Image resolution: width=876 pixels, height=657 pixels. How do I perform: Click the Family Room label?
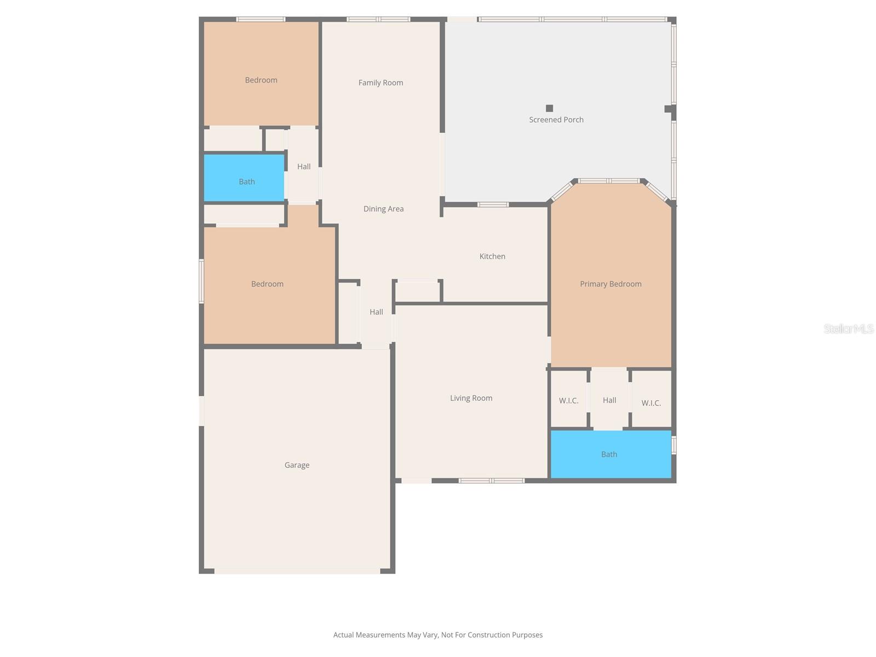(381, 83)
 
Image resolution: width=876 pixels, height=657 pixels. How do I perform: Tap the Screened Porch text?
(556, 119)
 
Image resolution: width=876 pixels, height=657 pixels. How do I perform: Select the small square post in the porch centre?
(549, 108)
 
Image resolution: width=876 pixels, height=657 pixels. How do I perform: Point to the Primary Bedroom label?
(610, 284)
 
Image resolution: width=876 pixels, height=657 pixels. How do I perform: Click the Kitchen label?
(492, 256)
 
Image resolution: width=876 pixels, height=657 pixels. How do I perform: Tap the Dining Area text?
(383, 209)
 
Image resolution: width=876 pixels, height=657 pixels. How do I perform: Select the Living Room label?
(471, 398)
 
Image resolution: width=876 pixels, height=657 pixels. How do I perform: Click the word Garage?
(297, 465)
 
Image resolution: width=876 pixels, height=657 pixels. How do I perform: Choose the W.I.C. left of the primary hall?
(568, 401)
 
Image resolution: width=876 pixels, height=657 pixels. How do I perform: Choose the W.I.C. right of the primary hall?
(651, 403)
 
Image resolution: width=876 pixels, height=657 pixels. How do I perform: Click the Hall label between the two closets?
(609, 400)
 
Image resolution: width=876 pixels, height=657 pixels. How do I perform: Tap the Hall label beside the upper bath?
(303, 166)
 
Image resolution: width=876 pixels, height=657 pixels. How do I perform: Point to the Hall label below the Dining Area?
(376, 312)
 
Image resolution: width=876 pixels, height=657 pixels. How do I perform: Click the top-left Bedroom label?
(261, 80)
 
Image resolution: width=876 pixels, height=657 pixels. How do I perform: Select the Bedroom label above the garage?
(267, 284)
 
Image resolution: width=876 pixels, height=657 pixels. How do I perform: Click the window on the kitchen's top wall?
(493, 205)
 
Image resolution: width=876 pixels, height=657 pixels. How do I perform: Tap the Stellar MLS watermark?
(849, 328)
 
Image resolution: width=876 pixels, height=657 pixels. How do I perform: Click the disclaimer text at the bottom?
(438, 635)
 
